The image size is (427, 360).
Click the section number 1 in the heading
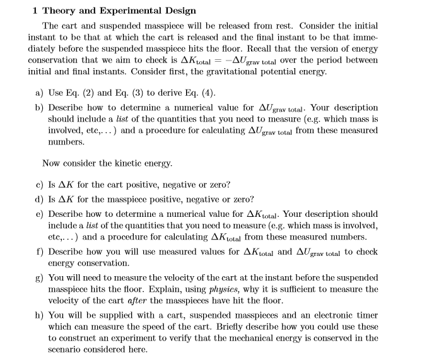(35, 10)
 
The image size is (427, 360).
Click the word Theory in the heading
(59, 10)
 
